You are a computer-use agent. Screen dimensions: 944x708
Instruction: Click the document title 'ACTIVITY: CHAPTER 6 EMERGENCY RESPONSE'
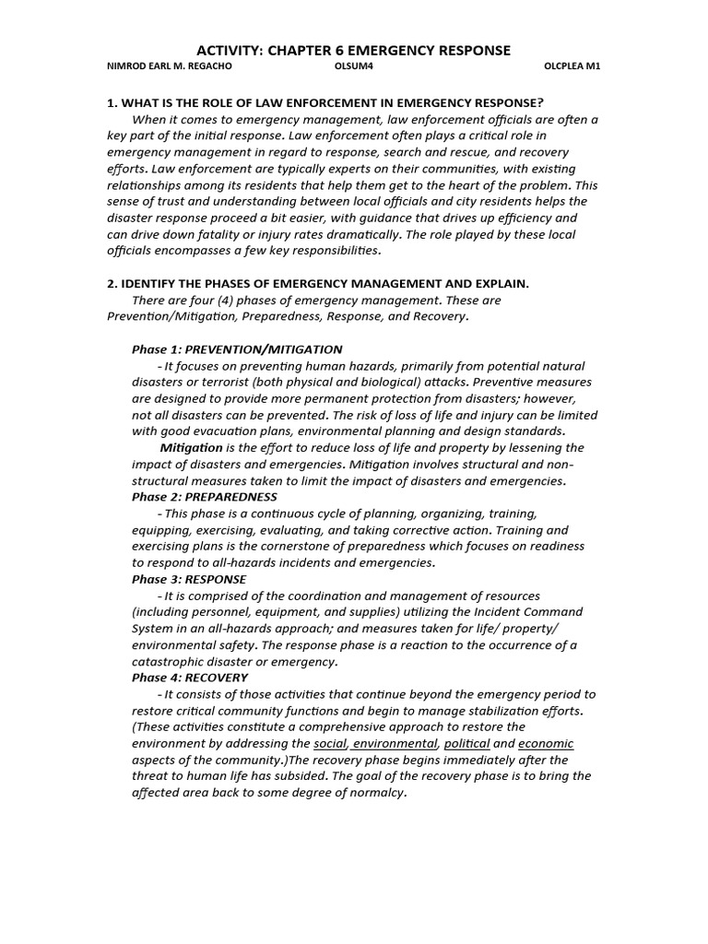click(x=355, y=50)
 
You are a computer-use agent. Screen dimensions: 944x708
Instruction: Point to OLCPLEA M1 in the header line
click(x=572, y=68)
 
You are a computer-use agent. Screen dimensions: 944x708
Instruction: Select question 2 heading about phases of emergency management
click(x=318, y=283)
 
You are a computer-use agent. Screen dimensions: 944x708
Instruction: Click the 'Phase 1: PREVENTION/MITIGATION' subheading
click(x=237, y=349)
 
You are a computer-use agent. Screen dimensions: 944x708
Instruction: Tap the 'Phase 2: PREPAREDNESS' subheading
click(x=204, y=497)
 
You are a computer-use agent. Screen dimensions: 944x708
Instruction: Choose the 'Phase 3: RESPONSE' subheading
click(x=189, y=579)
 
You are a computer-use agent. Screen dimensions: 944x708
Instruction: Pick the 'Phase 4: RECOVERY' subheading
click(x=190, y=678)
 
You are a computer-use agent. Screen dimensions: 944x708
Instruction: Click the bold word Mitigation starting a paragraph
click(x=191, y=448)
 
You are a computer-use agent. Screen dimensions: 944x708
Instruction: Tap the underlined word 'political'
click(x=466, y=744)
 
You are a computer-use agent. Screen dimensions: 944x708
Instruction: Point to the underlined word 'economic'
click(x=546, y=744)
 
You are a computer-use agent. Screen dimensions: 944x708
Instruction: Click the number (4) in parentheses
click(x=212, y=300)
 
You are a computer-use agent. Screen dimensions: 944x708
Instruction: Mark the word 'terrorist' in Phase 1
click(x=222, y=382)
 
